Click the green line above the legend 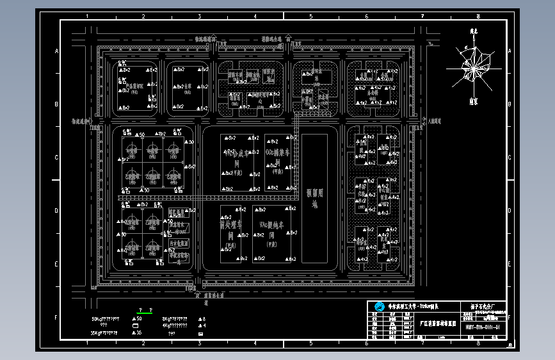(x=147, y=313)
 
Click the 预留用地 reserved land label (x=314, y=199)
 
